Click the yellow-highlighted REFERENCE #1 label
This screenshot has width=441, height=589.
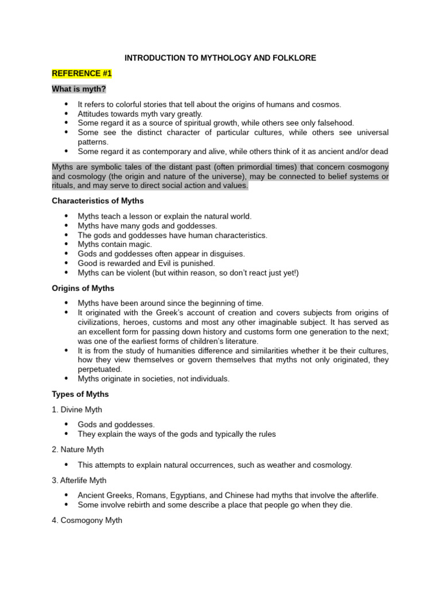coord(82,74)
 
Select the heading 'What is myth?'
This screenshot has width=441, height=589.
coord(79,89)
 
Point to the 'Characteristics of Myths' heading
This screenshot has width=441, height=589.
coord(98,201)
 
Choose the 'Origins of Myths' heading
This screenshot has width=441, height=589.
coord(83,288)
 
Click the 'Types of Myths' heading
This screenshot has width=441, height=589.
coord(80,394)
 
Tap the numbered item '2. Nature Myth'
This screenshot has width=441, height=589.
coord(78,449)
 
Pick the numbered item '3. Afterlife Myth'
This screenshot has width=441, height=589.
coord(79,480)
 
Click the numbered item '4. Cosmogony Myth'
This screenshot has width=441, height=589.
coord(87,521)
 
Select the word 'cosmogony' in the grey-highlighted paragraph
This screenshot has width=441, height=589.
coord(365,167)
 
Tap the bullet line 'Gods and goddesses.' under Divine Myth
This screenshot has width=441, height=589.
coord(116,424)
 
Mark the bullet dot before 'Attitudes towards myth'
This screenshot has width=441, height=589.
coord(66,114)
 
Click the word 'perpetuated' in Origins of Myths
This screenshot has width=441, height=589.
coord(99,369)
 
